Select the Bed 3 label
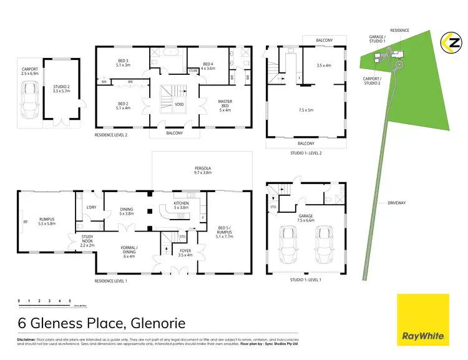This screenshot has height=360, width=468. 122,61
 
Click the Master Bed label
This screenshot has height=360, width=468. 225,105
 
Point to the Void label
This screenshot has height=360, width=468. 180,104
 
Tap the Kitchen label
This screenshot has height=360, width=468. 180,204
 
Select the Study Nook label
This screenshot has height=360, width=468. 87,239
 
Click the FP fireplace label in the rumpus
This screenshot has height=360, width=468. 25,221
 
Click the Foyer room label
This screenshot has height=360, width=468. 185,252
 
